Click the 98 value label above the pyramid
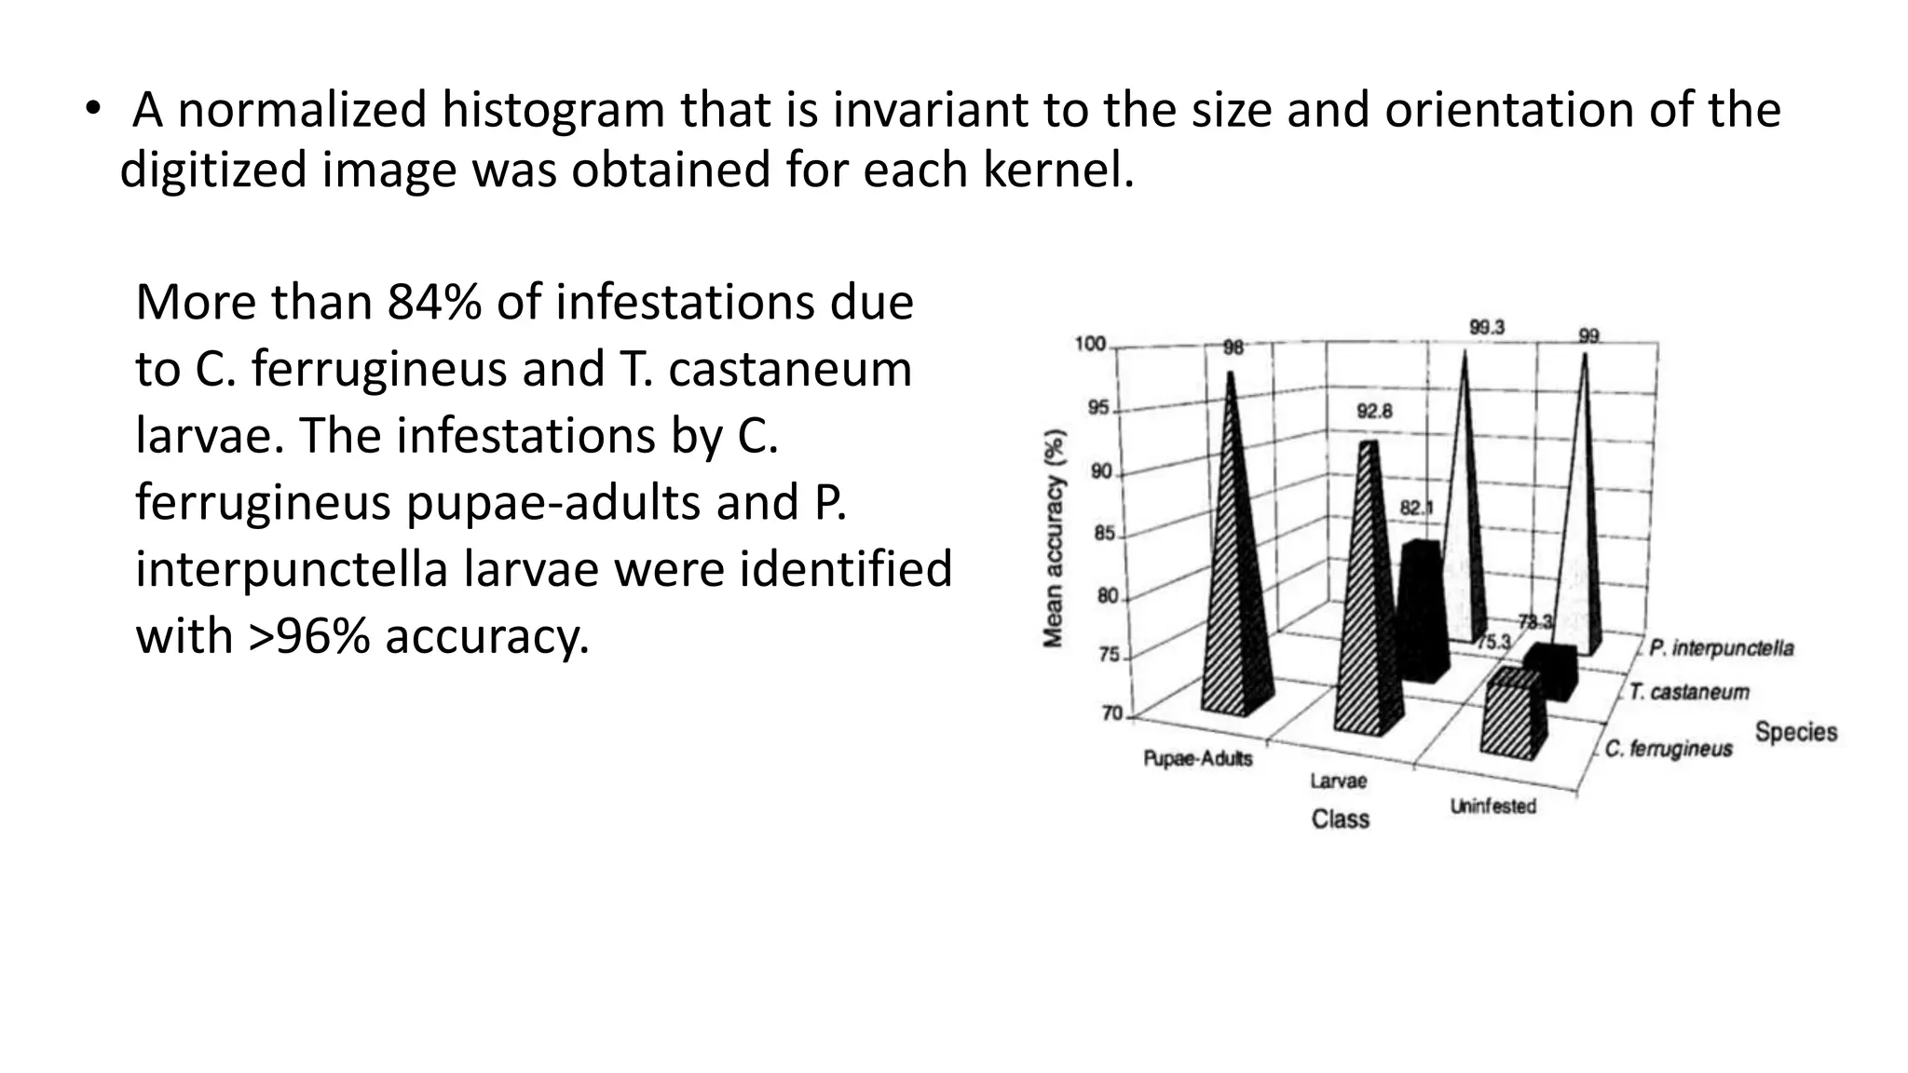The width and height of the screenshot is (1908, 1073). pyautogui.click(x=1233, y=348)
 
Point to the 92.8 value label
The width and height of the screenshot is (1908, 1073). pyautogui.click(x=1374, y=411)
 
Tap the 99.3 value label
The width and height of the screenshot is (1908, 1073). pyautogui.click(x=1487, y=328)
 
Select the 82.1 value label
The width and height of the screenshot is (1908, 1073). pyautogui.click(x=1416, y=509)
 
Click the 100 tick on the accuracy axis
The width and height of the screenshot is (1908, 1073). pyautogui.click(x=1090, y=345)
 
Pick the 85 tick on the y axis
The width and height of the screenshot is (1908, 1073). pyautogui.click(x=1104, y=534)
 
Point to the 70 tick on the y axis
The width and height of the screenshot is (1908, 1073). pyautogui.click(x=1112, y=714)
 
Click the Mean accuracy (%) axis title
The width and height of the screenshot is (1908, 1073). pyautogui.click(x=1054, y=538)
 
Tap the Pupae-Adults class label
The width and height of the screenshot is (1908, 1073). pyautogui.click(x=1198, y=759)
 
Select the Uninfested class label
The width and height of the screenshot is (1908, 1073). pyautogui.click(x=1492, y=807)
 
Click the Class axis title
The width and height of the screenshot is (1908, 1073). pyautogui.click(x=1341, y=820)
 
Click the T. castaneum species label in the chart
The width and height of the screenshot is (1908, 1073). pyautogui.click(x=1689, y=692)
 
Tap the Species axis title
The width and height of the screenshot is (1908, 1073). pyautogui.click(x=1796, y=732)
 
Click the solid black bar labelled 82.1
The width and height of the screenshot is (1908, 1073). pyautogui.click(x=1422, y=610)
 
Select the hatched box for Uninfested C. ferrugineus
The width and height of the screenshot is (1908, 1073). pyautogui.click(x=1513, y=717)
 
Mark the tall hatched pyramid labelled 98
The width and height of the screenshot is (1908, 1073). pyautogui.click(x=1235, y=577)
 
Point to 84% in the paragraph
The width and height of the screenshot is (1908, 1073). pyautogui.click(x=434, y=302)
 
